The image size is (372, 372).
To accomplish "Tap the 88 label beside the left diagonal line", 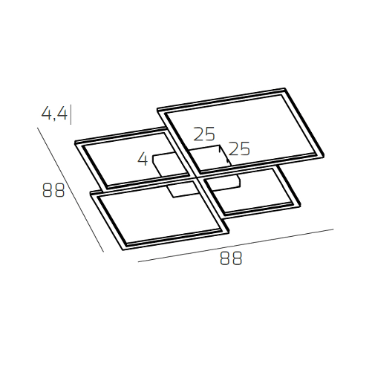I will (53, 190).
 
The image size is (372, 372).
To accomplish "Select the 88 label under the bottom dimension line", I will (231, 259).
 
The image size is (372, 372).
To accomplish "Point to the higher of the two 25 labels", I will (204, 134).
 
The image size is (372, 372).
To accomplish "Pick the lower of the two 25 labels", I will (239, 149).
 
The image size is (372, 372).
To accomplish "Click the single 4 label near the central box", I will (143, 158).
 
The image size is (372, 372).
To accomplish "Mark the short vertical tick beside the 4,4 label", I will (72, 114).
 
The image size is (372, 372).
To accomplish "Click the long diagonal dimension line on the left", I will (71, 189).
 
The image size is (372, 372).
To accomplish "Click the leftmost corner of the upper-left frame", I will (75, 143).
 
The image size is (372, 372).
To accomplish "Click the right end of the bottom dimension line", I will (334, 229).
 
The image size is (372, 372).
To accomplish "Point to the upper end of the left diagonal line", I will (38, 128).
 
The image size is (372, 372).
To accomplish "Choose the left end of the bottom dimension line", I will (139, 261).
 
